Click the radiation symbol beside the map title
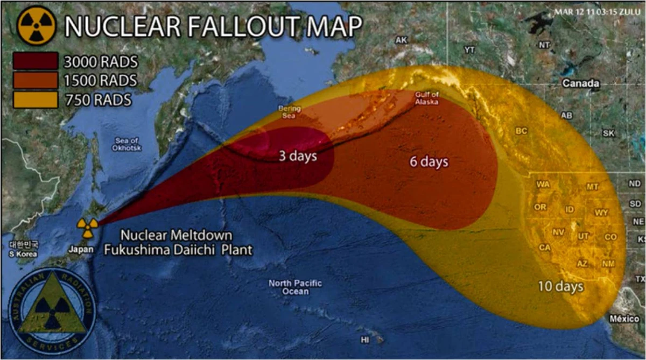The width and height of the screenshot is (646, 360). pos(36,26)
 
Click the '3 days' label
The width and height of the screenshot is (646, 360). pos(297,157)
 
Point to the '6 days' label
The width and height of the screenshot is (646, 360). pos(429,161)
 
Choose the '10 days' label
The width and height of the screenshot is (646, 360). pos(560,286)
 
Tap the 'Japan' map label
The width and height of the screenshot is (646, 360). pos(81,249)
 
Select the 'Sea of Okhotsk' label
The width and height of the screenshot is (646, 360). pos(126,144)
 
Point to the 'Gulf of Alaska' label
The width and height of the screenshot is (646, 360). pos(426,98)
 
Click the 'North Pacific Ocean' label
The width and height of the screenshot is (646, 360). pos(295,287)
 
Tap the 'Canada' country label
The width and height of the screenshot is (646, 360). pos(580,83)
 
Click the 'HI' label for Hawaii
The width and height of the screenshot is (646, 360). pos(366,340)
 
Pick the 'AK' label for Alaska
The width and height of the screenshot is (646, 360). pos(401,40)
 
